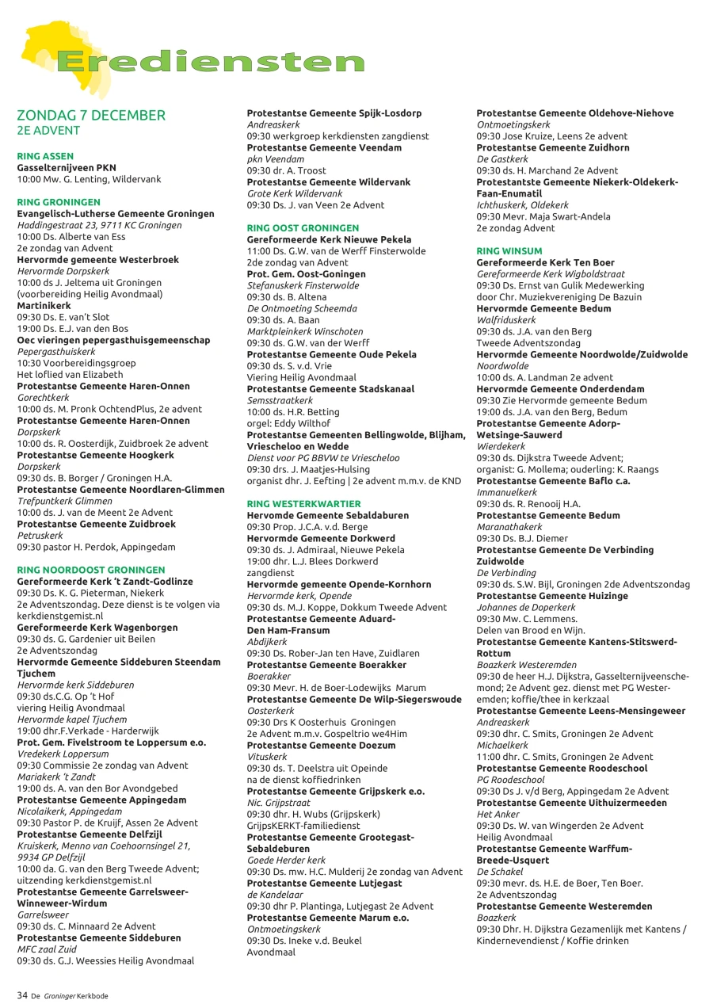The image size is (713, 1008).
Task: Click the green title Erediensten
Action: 210,62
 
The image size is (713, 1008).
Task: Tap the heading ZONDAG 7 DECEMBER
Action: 91,116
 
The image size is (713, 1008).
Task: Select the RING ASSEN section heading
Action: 44,156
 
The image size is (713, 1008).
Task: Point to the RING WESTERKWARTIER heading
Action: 304,503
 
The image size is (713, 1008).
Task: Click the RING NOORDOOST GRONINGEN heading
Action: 91,570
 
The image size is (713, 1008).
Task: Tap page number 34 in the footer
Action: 22,995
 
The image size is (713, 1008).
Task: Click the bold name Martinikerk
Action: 44,305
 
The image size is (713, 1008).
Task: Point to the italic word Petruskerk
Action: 40,535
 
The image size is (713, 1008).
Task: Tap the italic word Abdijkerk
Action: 267,641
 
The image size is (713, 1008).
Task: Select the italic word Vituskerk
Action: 267,757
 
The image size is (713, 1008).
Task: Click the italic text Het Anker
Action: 495,814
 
